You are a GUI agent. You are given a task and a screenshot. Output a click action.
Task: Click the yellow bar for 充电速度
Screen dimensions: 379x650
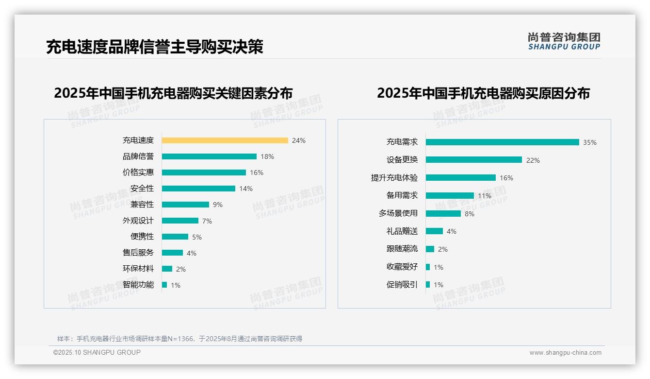(x=225, y=140)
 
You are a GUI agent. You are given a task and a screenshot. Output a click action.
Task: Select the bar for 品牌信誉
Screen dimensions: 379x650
(x=209, y=156)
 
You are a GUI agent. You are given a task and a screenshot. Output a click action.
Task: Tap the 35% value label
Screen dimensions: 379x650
(x=589, y=142)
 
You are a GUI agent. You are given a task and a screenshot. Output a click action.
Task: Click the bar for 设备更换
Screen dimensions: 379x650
(x=473, y=160)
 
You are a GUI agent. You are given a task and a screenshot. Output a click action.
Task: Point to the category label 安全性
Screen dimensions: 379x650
(x=142, y=189)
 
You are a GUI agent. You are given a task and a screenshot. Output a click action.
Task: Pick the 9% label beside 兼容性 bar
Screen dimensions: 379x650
(x=217, y=205)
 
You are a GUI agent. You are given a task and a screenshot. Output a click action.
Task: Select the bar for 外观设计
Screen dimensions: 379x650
(x=180, y=221)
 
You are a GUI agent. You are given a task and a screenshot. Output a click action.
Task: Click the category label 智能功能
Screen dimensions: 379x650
(x=138, y=285)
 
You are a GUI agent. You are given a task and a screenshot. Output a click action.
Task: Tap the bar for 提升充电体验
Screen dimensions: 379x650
(x=460, y=178)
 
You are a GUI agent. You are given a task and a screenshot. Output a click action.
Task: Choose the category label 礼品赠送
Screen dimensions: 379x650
(x=402, y=231)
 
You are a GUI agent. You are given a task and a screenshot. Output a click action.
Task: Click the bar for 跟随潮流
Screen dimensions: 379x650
(x=430, y=249)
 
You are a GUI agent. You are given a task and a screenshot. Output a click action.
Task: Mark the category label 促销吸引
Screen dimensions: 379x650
(x=402, y=285)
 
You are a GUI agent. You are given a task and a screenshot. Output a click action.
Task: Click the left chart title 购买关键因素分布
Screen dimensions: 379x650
(x=173, y=93)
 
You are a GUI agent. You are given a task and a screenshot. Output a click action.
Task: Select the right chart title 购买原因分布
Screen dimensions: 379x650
(x=483, y=93)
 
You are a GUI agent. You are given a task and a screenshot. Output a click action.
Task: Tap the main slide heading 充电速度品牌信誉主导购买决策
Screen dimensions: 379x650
(x=154, y=47)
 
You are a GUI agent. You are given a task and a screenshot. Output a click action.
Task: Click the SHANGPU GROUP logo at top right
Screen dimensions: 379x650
(x=564, y=41)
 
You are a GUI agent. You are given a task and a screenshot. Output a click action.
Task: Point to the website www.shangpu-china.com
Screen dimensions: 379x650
(x=565, y=353)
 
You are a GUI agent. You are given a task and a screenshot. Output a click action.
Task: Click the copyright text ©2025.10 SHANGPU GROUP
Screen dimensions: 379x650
(x=97, y=352)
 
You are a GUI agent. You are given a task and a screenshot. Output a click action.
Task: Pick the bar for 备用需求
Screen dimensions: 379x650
(x=450, y=195)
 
